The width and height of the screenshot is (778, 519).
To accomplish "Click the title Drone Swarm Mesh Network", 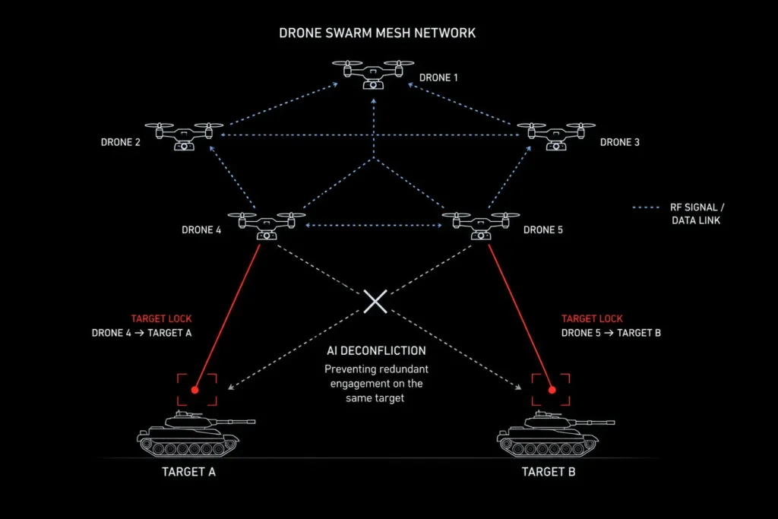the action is tap(377, 33).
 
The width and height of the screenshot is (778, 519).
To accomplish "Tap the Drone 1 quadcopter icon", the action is tap(373, 74).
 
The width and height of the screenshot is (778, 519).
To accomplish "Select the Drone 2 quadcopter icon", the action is tap(184, 136).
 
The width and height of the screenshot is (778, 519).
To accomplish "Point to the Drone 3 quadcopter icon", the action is tap(556, 136).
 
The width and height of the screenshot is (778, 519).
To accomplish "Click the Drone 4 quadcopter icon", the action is tap(267, 226).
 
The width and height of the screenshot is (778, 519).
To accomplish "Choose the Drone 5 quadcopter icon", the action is tap(481, 226).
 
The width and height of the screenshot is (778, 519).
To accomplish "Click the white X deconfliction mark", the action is tap(375, 302).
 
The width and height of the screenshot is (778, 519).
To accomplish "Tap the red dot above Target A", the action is tap(195, 390).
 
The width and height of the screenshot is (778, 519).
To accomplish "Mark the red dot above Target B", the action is tap(552, 390).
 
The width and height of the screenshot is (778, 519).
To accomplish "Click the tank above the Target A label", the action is tap(195, 434).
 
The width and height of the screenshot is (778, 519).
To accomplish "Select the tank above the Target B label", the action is tap(555, 434).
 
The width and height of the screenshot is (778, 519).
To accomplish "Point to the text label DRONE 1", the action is tap(438, 78).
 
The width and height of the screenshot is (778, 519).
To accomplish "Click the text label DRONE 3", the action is tap(620, 142).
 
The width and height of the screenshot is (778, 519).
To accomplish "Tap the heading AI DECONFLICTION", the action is tap(376, 351).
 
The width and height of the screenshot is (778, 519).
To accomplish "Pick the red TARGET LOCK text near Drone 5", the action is tap(592, 318).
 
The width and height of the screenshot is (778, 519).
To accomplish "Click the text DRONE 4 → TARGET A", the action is tap(141, 333).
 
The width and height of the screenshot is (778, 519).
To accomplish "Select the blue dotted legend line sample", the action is tap(646, 207).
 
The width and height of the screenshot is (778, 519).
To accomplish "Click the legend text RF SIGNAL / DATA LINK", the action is tap(697, 214).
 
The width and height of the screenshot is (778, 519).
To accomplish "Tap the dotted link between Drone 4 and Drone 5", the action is tap(374, 225).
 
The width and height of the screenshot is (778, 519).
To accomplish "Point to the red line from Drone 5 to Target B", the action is tap(520, 317).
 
